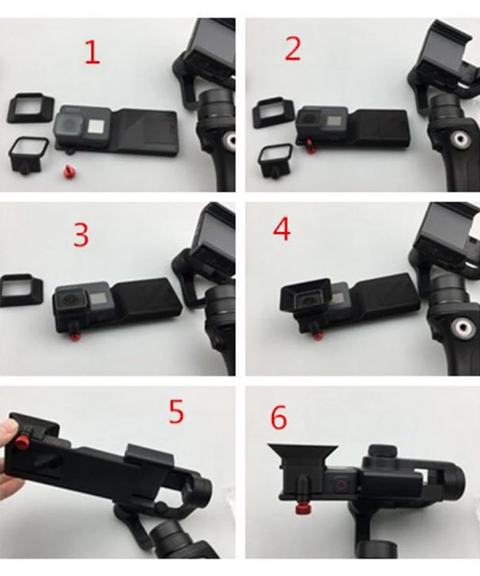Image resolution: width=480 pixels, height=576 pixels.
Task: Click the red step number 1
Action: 92,52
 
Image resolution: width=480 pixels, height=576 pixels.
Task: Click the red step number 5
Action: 176,412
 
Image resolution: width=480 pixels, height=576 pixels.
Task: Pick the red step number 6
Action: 279,417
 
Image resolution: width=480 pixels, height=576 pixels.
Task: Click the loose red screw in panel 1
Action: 68,170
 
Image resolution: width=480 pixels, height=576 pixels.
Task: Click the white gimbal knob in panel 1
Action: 231,140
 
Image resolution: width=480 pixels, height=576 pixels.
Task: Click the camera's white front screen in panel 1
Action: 94,126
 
